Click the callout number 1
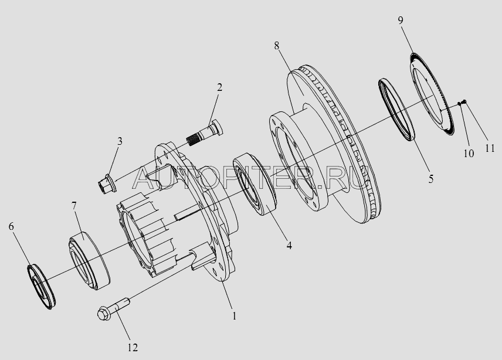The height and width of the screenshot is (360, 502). click(x=235, y=316)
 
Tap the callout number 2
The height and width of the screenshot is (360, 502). click(x=219, y=87)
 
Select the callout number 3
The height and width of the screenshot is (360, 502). click(x=120, y=141)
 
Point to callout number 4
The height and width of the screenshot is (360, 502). click(x=289, y=246)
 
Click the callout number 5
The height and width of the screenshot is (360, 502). click(x=431, y=179)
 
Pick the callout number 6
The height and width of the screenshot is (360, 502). click(x=11, y=226)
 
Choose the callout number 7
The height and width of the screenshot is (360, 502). click(x=74, y=206)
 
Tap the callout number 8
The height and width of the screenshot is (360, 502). click(x=277, y=46)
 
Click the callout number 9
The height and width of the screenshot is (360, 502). click(x=401, y=21)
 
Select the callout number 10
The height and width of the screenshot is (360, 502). click(x=469, y=154)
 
